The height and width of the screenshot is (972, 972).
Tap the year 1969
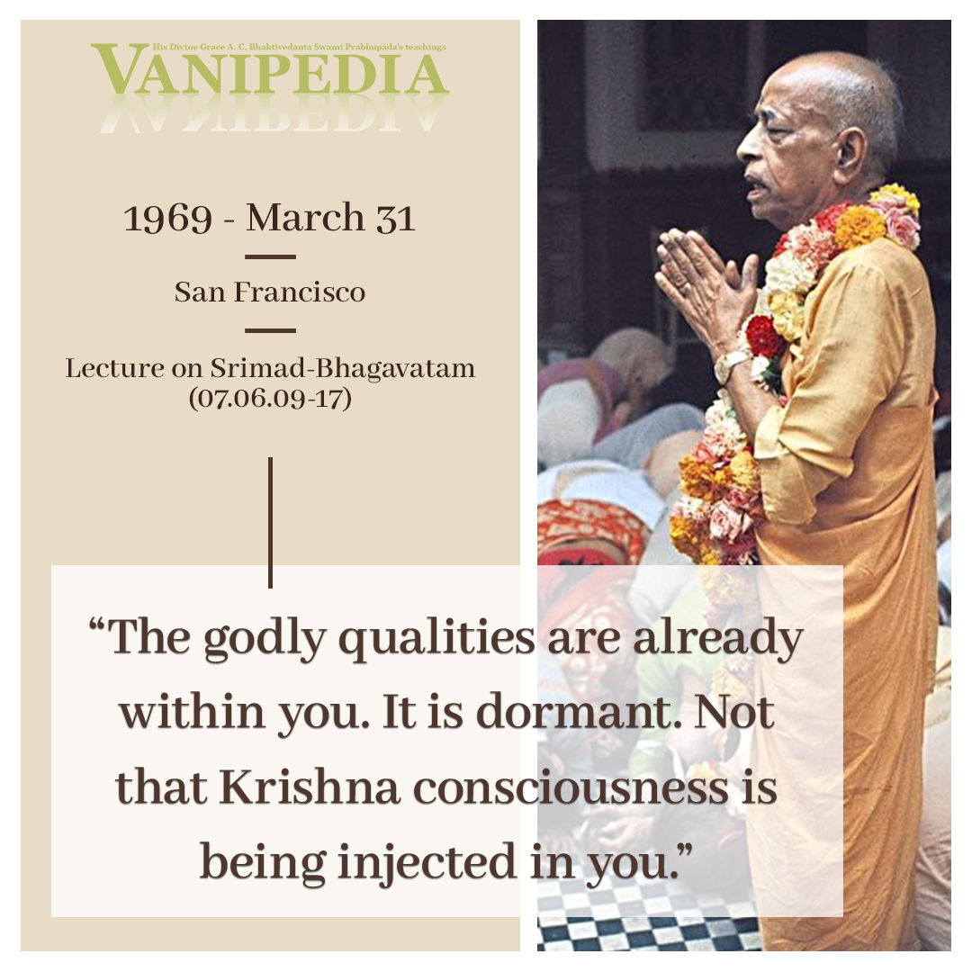[167, 219]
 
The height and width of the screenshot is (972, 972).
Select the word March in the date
[305, 218]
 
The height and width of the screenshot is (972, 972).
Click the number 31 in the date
[395, 219]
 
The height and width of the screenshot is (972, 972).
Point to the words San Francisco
[270, 292]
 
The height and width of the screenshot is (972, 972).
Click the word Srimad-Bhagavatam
[342, 368]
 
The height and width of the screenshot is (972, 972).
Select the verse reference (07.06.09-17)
[270, 398]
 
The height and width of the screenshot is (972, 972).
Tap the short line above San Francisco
[270, 256]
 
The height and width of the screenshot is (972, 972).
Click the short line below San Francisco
[270, 330]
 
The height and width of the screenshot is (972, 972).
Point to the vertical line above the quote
[270, 523]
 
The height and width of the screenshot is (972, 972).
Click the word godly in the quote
[265, 640]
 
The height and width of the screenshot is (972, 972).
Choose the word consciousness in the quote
[571, 788]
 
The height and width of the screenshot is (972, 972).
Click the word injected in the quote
[427, 863]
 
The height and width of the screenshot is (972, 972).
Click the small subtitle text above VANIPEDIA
[299, 47]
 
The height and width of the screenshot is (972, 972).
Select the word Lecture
[114, 368]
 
